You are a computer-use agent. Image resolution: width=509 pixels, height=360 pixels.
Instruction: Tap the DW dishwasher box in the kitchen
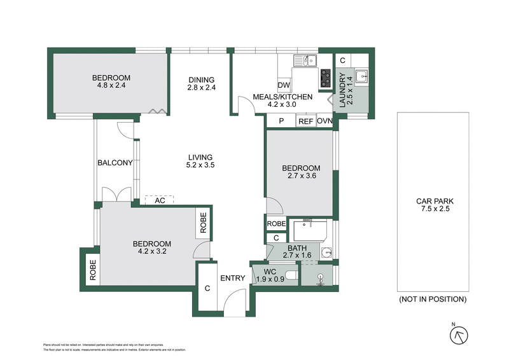[284, 85]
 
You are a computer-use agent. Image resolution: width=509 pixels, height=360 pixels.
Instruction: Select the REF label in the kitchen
[306, 121]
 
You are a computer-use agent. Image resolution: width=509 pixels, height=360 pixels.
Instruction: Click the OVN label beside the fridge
[324, 121]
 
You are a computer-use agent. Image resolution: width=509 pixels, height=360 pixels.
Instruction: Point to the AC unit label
[160, 200]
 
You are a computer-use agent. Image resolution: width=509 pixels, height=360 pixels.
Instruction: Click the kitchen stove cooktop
[326, 78]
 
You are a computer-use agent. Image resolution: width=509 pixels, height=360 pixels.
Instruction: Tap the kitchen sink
[306, 61]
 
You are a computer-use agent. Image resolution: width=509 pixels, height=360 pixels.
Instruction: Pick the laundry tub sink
[361, 76]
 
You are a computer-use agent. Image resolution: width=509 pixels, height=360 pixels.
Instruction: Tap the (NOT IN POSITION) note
[433, 299]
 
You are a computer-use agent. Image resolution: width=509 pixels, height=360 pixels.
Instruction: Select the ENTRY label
[233, 278]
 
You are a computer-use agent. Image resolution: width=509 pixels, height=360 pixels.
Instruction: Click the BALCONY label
[115, 163]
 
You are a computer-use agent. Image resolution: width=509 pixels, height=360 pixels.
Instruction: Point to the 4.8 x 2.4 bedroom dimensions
[110, 85]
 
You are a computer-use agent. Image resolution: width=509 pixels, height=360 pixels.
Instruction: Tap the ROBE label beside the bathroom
[276, 224]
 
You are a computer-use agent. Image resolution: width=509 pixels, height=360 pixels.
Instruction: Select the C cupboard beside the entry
[207, 288]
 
